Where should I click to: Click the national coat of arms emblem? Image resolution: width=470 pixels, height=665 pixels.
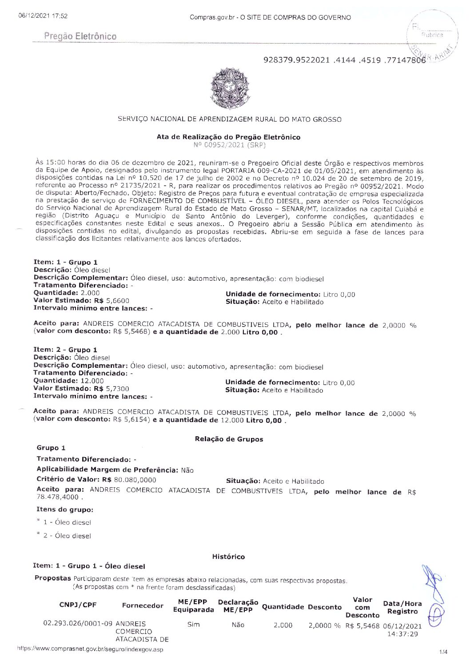(229, 88)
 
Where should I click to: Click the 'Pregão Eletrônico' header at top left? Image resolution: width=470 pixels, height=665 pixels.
(80, 36)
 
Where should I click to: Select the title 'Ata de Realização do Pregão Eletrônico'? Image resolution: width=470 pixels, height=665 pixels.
(228, 137)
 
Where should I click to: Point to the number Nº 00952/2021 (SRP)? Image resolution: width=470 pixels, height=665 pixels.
(229, 144)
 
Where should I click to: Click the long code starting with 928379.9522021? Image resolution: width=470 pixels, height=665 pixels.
(344, 60)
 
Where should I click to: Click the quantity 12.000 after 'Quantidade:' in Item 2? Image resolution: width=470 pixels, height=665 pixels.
(92, 381)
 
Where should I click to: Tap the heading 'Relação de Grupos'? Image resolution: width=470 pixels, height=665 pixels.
(229, 439)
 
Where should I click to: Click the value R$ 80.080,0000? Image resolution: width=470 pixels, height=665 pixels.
(129, 480)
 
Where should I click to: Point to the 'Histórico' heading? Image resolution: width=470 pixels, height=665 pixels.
(228, 557)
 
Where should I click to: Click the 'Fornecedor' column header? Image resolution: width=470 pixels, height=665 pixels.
(143, 605)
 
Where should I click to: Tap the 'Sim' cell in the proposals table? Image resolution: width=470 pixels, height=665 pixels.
(193, 625)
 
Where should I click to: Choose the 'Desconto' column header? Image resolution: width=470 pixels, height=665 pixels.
(325, 607)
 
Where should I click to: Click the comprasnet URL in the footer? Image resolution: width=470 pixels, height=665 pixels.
(90, 649)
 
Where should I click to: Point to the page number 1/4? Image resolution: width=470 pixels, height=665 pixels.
(443, 652)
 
